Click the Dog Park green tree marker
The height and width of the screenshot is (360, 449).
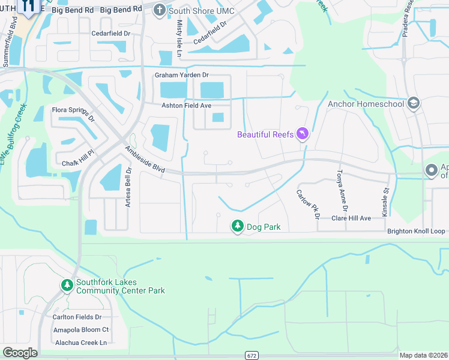point(238,226)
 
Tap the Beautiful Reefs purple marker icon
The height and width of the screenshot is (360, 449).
point(303,134)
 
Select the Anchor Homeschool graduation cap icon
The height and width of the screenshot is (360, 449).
point(414,103)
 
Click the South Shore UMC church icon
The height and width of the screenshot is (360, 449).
point(159,10)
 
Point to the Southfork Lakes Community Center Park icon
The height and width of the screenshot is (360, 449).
point(67,284)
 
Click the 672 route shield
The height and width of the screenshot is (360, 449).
point(252,355)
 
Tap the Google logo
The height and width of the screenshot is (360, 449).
point(20,353)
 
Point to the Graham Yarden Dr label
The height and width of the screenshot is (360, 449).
point(181,75)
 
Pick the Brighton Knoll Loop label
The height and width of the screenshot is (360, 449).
point(416,231)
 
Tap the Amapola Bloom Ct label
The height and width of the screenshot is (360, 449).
point(80,329)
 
